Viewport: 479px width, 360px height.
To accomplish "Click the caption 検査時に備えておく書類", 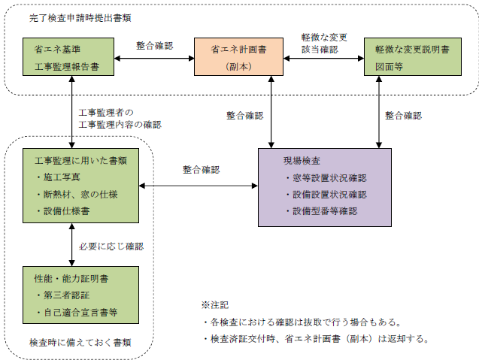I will pyautogui.click(x=80, y=342).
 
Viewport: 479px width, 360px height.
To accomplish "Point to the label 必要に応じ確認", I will pyautogui.click(x=111, y=246).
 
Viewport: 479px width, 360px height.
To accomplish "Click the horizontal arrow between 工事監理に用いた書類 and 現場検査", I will pyautogui.click(x=200, y=186).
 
